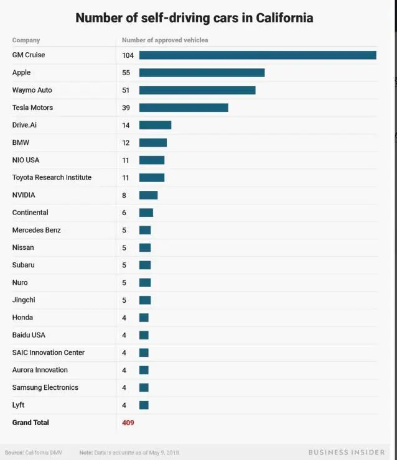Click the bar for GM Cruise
(x=258, y=55)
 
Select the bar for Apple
(x=202, y=73)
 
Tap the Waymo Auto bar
(x=197, y=90)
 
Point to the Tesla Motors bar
(x=184, y=108)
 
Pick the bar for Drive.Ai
(x=155, y=125)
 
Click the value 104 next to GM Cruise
(x=128, y=55)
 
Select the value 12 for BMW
(x=126, y=142)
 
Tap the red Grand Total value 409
(x=128, y=423)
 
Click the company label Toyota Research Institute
(x=52, y=178)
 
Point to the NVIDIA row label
(x=24, y=195)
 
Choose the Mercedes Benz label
(x=36, y=230)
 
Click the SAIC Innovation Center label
(x=49, y=352)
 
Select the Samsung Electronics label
(x=45, y=387)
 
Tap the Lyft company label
(x=18, y=405)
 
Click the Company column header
(x=26, y=40)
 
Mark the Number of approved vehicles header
(x=165, y=40)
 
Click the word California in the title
(x=278, y=17)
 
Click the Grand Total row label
(x=30, y=423)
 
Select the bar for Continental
(x=146, y=213)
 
